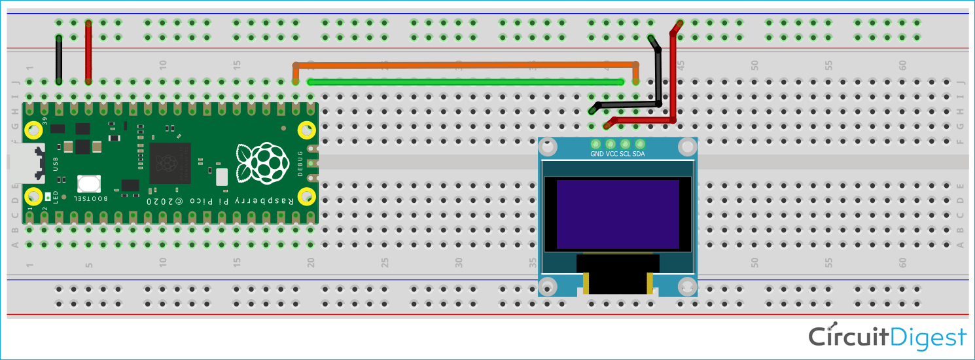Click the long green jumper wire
click(465, 82)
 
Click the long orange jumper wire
click(465, 65)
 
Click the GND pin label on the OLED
click(597, 154)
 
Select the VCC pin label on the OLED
click(612, 154)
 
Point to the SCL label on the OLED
click(625, 154)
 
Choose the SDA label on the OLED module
click(639, 154)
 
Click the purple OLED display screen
click(617, 214)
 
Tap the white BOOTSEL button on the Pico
click(88, 185)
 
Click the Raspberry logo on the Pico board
click(262, 164)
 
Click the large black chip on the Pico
click(169, 163)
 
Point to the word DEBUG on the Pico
click(300, 163)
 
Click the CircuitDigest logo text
click(887, 337)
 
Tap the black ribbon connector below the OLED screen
click(616, 275)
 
